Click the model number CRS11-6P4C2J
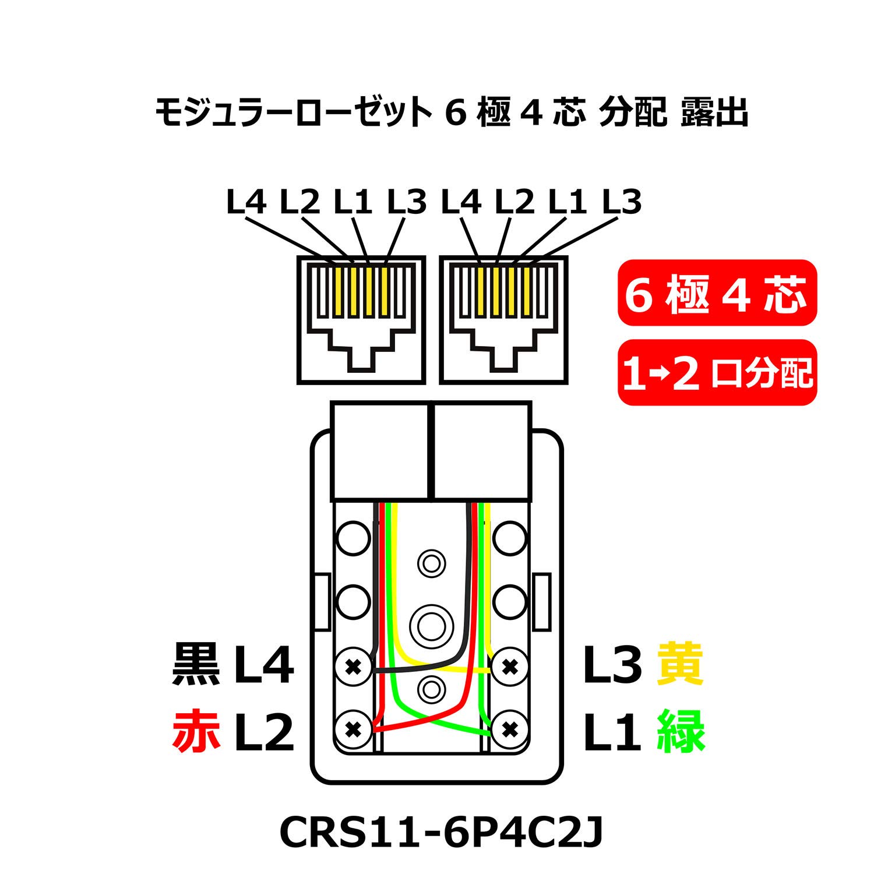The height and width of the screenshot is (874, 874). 441,833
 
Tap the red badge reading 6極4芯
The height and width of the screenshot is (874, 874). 717,293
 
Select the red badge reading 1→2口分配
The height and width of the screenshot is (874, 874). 717,372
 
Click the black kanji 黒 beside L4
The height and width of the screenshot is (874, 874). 196,664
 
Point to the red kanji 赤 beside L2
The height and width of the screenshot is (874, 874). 196,731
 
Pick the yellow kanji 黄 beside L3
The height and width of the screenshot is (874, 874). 680,664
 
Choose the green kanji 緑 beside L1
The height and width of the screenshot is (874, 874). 681,731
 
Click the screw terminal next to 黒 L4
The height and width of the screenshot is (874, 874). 354,666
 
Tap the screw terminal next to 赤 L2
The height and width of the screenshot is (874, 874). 354,728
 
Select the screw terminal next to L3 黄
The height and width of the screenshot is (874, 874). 510,666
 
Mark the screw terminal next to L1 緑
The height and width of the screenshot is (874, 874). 510,728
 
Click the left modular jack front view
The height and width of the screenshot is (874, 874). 361,319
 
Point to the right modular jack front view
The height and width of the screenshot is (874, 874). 503,319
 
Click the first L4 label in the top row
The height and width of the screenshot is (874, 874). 246,202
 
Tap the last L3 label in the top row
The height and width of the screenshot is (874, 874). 622,202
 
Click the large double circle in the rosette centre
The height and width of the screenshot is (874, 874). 431,626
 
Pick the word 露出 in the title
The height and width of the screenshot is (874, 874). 714,112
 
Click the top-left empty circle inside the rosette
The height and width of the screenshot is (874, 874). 354,538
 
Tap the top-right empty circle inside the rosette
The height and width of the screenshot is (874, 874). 510,538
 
